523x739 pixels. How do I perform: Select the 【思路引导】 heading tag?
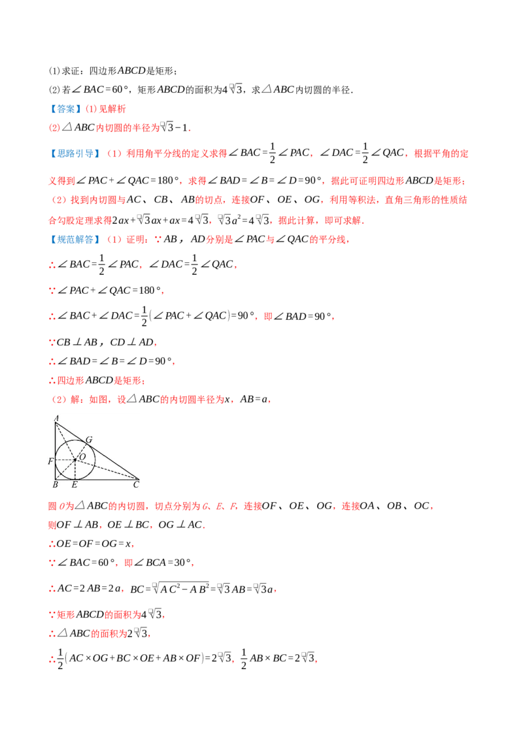pyautogui.click(x=75, y=153)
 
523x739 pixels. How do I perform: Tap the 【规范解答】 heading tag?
pyautogui.click(x=75, y=240)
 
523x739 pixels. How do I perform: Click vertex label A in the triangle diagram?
pyautogui.click(x=57, y=418)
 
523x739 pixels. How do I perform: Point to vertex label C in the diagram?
pyautogui.click(x=137, y=484)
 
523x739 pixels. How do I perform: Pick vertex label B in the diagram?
pyautogui.click(x=55, y=484)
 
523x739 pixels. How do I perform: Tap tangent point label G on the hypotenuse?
pyautogui.click(x=89, y=440)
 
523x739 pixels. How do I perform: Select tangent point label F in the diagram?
pyautogui.click(x=50, y=461)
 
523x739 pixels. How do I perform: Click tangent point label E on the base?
pyautogui.click(x=75, y=484)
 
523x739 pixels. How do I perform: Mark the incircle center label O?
pyautogui.click(x=82, y=456)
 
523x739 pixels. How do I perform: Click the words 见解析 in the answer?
pyautogui.click(x=112, y=109)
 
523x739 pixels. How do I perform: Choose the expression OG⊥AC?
pyautogui.click(x=180, y=525)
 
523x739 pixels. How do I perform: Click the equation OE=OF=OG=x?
pyautogui.click(x=94, y=543)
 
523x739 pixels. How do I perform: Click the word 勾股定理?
pyautogui.click(x=76, y=220)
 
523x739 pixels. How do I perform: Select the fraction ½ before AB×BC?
pyautogui.click(x=244, y=659)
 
